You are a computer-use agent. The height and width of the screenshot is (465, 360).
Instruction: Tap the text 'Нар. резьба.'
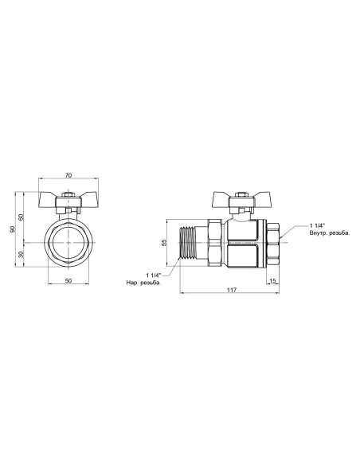click(x=143, y=283)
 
